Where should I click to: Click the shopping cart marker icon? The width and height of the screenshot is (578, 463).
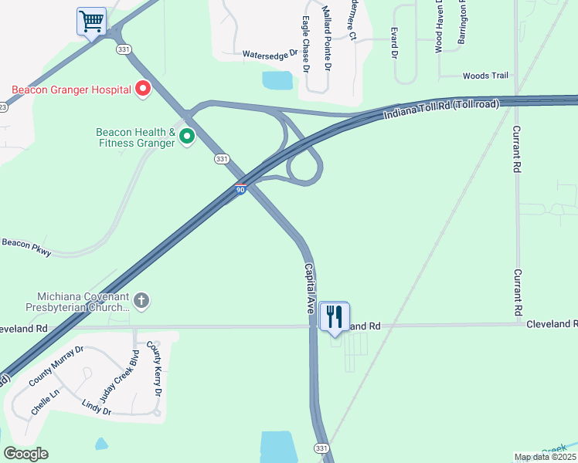[91, 21]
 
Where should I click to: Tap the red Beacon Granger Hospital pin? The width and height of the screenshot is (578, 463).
[143, 90]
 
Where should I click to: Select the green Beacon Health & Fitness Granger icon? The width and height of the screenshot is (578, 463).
[186, 137]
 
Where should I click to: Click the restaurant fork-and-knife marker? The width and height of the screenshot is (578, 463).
[335, 316]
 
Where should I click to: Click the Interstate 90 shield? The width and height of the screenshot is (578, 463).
[241, 188]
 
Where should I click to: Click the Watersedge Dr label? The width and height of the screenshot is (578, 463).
[270, 55]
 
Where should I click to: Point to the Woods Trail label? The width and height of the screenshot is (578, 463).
[485, 76]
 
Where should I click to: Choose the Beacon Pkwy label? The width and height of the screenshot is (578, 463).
[26, 246]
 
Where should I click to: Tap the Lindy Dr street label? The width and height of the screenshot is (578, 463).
[97, 407]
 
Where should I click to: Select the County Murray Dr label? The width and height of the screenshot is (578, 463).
[56, 367]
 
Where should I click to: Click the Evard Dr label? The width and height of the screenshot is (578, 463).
[394, 44]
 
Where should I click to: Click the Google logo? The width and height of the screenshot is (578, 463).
[25, 454]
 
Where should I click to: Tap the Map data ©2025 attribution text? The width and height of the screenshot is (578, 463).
[545, 457]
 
